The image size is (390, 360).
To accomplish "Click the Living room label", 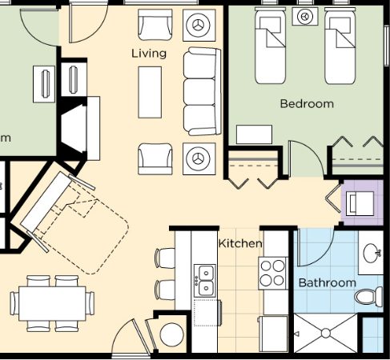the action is pos(149,54).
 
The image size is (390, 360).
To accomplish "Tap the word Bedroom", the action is pos(307,103).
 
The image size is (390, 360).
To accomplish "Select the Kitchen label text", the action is pos(240,243).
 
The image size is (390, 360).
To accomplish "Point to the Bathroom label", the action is pos(328,282).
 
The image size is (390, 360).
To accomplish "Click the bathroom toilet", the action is pos(369,296).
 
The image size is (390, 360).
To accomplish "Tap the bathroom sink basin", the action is pos(372,253).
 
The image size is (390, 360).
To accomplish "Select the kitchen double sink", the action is pos(205,281).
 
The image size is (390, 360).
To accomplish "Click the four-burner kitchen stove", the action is pos(272,273).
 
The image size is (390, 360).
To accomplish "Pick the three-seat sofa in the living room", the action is pos(203,91).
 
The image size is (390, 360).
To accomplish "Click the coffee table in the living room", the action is pos(150,92).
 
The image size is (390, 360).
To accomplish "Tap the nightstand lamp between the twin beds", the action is pos(305,16).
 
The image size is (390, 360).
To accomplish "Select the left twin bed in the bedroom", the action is pos(270,46).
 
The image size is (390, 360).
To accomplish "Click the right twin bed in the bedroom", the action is pos(340,46).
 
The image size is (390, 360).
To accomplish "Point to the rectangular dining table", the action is pos(52,303).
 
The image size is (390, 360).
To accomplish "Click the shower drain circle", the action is pos(326,334).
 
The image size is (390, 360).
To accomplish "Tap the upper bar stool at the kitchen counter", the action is pos(165,258).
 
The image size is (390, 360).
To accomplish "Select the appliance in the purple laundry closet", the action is pos(360,203).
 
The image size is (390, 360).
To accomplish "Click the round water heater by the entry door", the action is pos(172,335).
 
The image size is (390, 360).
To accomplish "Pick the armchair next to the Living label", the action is pos(155,25).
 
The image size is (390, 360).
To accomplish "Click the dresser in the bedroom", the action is pos(254,134).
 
